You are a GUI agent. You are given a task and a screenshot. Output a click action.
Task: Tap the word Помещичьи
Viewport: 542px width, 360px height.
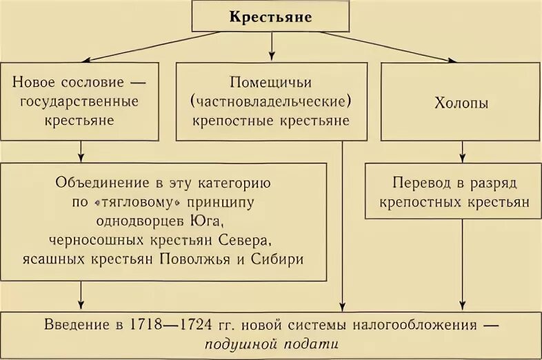(x=271, y=83)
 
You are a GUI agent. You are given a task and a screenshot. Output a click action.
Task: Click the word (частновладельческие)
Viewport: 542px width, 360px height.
(x=271, y=102)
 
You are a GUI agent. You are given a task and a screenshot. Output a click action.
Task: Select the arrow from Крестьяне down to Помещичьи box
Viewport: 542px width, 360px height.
(x=271, y=47)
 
